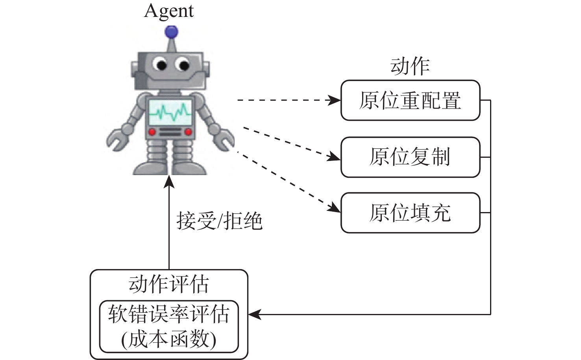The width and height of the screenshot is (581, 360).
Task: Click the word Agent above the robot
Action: [169, 11]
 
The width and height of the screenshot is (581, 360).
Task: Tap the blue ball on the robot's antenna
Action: [171, 31]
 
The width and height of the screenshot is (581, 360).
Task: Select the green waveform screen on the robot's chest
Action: [170, 111]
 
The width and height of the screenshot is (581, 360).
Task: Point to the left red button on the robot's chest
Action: [152, 131]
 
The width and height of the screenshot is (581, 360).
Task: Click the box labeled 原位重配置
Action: [410, 100]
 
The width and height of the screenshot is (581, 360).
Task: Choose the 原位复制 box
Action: [410, 157]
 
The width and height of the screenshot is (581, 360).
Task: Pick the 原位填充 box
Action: [410, 212]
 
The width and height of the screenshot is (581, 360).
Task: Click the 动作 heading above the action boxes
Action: [410, 66]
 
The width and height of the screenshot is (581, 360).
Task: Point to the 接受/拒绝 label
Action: [219, 220]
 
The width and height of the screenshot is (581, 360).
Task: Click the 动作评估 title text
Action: [169, 284]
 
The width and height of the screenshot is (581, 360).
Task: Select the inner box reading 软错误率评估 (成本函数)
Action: [169, 327]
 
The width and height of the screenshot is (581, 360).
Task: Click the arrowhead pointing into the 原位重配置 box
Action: [336, 100]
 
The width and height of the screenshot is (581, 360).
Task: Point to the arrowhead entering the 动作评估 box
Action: [254, 314]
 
